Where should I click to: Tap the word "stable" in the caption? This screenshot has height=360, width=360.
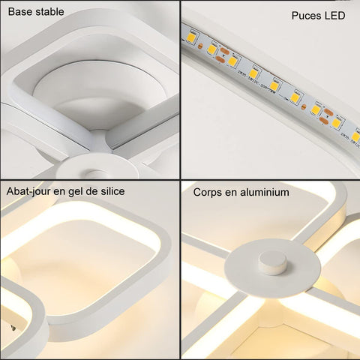click(x=49, y=12)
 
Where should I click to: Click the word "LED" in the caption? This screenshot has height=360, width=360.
click(x=335, y=16)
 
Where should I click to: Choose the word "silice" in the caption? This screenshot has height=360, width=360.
click(x=112, y=191)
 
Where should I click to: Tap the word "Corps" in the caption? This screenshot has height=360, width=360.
click(x=207, y=193)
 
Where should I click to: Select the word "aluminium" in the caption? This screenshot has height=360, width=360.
click(x=265, y=192)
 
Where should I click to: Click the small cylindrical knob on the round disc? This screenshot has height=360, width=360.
click(x=273, y=263)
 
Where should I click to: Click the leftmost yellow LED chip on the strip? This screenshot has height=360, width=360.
click(x=190, y=37)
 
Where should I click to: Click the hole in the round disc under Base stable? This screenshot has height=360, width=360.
click(x=94, y=173)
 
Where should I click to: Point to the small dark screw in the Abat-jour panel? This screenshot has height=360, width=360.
click(x=13, y=328)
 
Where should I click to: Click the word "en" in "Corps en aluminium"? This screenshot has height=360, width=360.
click(x=231, y=193)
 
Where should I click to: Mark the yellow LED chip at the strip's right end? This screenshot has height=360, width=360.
click(x=355, y=136)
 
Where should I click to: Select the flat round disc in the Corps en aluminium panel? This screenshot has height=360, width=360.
click(x=272, y=268)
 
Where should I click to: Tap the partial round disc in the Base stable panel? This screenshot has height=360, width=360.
click(x=97, y=166)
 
